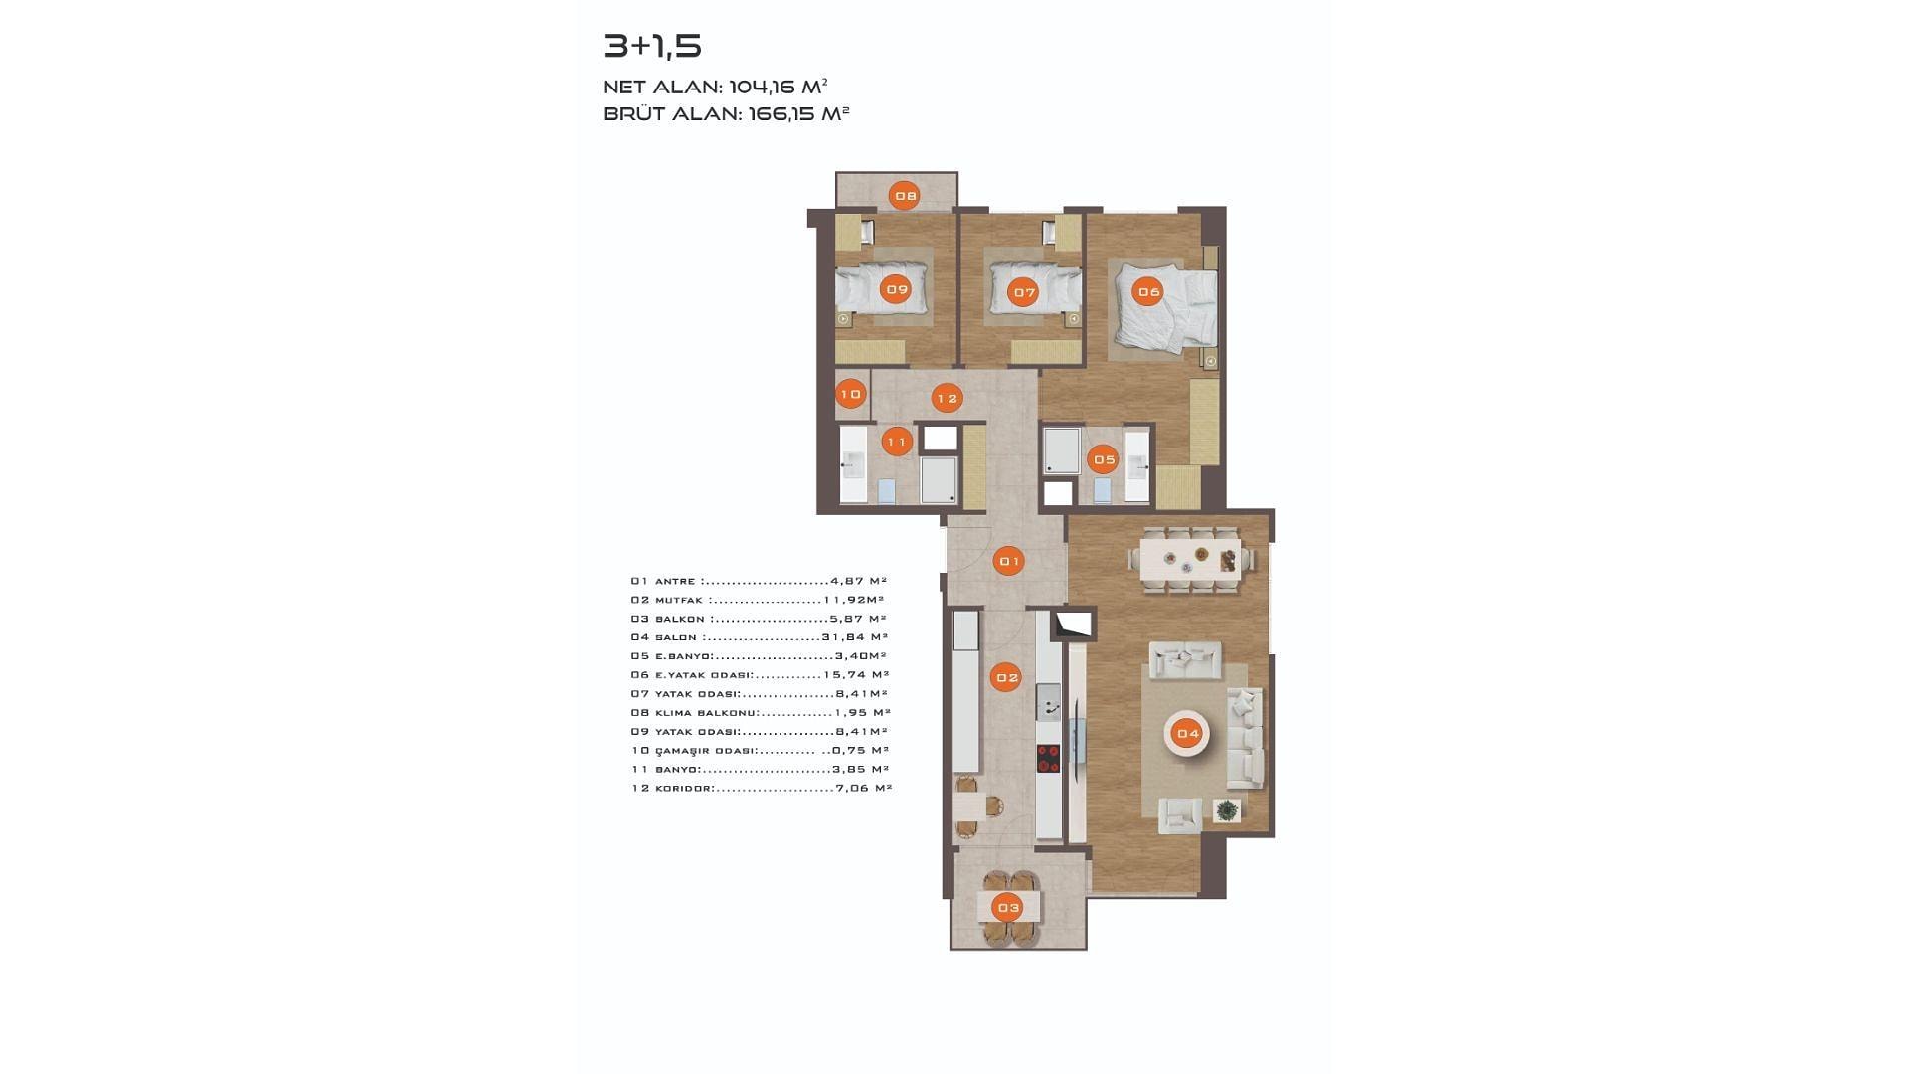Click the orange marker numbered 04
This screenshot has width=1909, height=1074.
coord(1188,734)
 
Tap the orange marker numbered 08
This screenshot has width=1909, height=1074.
coord(905,196)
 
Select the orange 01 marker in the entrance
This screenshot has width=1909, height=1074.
coord(1009,562)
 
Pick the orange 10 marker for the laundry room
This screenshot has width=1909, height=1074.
coord(851,395)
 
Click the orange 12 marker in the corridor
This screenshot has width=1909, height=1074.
coord(947,399)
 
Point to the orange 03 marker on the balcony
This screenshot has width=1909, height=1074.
coord(1008,907)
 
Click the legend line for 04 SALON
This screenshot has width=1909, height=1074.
coord(760,637)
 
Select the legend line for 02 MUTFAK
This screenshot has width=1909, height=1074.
coord(758,600)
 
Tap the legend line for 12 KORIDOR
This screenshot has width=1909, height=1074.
coord(762,788)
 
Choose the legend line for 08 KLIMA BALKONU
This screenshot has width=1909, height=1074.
coord(761,712)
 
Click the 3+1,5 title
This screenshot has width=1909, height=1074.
coord(652,46)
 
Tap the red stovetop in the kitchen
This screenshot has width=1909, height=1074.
coord(1048,759)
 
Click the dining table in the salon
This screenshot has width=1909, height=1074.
coord(1191,560)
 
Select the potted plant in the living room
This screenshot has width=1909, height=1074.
coord(1228,810)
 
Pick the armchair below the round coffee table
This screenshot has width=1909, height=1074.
coord(1180,815)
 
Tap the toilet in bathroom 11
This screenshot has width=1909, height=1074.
coord(887,490)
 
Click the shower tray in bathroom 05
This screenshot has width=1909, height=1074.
coord(1062,450)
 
